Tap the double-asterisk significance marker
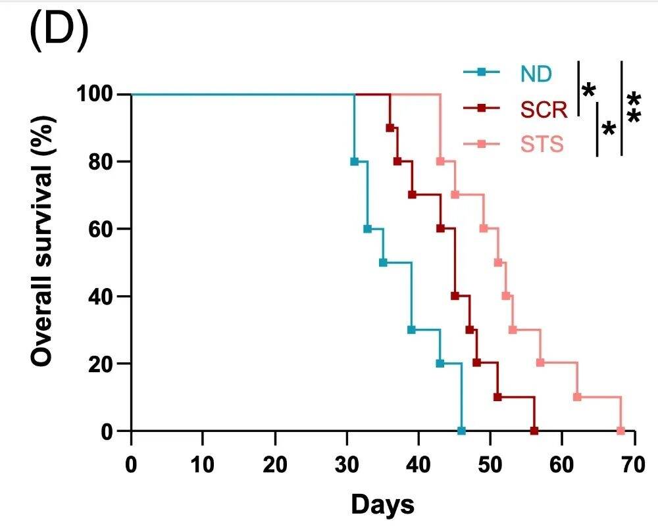634,109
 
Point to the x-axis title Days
383,505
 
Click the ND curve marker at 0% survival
461,431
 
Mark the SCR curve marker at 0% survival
534,431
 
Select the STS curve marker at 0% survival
620,431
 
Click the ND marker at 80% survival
355,161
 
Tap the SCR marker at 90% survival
390,128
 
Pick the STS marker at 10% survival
577,397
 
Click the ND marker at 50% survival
383,262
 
